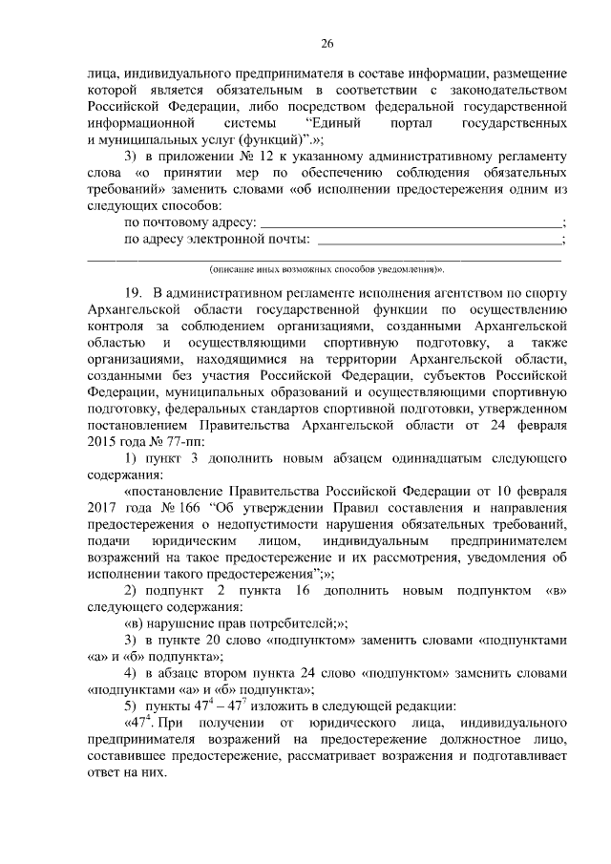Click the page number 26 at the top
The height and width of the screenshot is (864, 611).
(327, 44)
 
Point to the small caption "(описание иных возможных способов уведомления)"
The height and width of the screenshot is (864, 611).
(327, 271)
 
